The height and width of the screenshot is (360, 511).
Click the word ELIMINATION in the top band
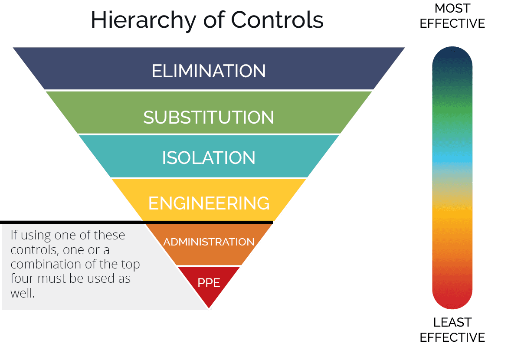[x=209, y=71]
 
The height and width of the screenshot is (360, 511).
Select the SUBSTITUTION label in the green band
[x=209, y=117]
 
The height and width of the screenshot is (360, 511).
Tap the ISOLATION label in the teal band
[x=209, y=158]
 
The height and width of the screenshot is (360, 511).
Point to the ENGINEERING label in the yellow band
[x=209, y=203]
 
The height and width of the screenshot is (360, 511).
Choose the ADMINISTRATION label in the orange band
[x=209, y=242]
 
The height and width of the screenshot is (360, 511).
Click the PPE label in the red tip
[x=209, y=282]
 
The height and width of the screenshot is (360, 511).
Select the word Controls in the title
[x=277, y=20]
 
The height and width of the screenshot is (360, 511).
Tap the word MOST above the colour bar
[x=452, y=8]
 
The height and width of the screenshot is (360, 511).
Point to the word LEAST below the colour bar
[x=452, y=322]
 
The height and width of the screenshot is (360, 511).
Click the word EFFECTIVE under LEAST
[x=452, y=337]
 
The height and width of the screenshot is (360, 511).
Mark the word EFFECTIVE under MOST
[x=452, y=23]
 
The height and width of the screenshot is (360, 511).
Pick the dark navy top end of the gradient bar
[x=452, y=56]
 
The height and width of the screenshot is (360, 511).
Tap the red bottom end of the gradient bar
[x=452, y=298]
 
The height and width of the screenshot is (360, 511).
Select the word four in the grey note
[x=21, y=278]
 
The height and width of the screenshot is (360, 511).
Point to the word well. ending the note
[x=23, y=293]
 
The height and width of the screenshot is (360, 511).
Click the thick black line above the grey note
[x=137, y=223]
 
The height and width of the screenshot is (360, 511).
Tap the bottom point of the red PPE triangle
[x=209, y=308]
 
